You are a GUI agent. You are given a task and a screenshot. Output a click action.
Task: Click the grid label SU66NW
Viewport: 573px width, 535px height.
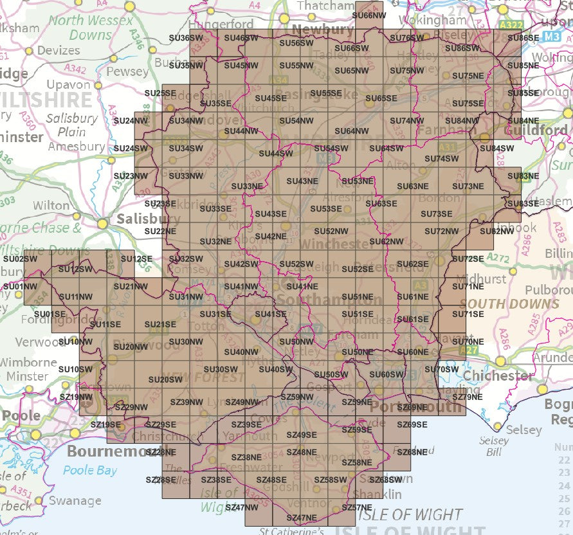(x=370, y=15)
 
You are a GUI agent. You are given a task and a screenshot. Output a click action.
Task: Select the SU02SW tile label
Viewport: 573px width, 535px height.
(x=20, y=258)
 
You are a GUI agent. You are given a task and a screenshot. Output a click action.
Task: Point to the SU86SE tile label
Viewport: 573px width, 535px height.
(x=523, y=38)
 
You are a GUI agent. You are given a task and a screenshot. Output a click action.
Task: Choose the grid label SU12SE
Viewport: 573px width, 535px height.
(x=136, y=258)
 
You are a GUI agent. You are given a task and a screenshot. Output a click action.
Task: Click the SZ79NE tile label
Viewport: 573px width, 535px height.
(x=468, y=397)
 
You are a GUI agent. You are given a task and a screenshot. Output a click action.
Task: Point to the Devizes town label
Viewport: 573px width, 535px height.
(x=58, y=50)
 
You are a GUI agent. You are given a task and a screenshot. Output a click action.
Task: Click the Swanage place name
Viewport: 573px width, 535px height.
(x=75, y=500)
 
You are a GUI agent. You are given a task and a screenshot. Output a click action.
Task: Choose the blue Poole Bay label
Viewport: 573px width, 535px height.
(x=90, y=470)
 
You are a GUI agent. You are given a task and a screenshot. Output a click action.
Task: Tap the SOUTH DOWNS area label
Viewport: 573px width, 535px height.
(x=510, y=304)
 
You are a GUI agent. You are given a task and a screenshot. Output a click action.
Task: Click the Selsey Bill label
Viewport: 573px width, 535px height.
(x=494, y=447)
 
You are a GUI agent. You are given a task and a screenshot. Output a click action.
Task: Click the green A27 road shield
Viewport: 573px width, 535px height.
(x=471, y=350)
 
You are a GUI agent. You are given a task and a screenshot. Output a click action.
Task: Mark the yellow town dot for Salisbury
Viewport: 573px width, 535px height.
(x=102, y=224)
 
